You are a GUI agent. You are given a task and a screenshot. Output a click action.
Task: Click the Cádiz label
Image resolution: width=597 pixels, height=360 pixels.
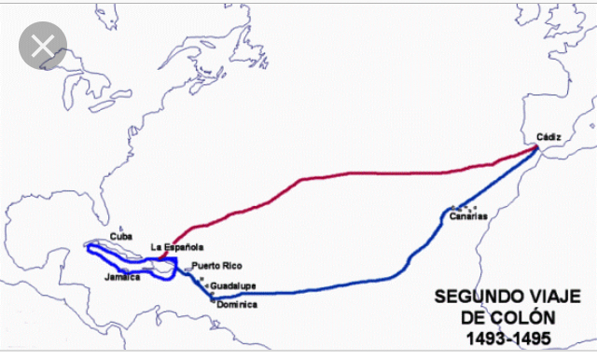[548, 136]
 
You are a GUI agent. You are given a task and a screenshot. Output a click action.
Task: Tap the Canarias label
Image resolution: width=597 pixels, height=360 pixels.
[467, 217]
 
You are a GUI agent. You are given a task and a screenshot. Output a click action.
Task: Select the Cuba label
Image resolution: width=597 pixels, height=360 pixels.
[121, 237]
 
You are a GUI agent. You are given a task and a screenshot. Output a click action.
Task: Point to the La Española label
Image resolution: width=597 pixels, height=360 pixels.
[177, 247]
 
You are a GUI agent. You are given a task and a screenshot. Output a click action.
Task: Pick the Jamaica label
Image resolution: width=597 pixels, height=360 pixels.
[122, 277]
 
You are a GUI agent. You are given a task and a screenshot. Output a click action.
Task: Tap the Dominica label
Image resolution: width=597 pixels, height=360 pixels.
[238, 304]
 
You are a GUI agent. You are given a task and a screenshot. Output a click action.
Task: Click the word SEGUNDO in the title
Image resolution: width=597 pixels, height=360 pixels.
[472, 298]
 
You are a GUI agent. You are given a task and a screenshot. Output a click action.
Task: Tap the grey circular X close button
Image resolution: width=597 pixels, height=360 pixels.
[43, 48]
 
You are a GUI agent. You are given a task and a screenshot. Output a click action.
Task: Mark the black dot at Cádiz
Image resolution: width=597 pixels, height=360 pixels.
[537, 146]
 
